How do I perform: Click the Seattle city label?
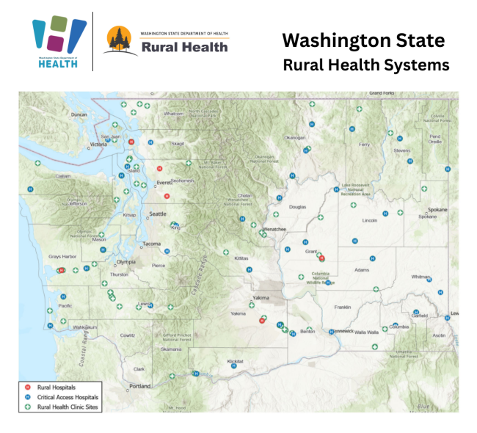click(159, 214)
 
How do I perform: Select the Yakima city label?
click(261, 298)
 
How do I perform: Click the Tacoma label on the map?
click(152, 243)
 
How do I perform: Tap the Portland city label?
click(139, 386)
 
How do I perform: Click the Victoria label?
click(98, 144)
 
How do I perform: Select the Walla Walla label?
click(366, 332)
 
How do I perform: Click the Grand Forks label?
click(382, 93)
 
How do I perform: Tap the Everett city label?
click(164, 182)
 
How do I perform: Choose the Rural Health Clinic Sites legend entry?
click(68, 406)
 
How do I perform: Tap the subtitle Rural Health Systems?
click(366, 65)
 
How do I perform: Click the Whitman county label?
click(421, 277)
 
